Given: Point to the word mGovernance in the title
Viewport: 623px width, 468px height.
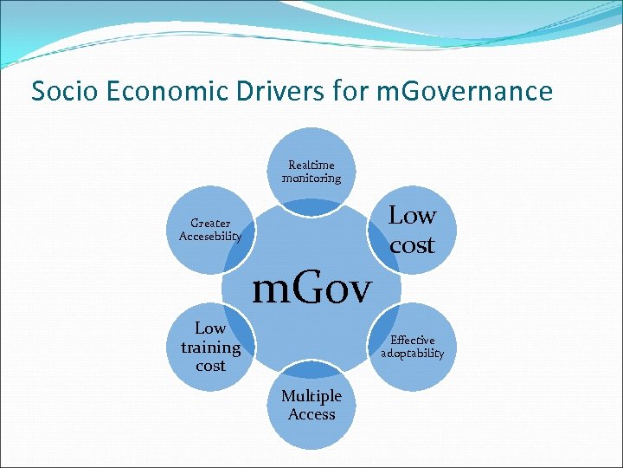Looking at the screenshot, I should pos(465,91).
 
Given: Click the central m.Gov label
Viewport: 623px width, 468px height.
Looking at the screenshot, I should pos(311,288).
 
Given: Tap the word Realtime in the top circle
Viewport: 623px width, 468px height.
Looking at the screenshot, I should pos(311,165).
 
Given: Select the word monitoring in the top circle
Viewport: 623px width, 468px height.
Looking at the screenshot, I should pos(311,179).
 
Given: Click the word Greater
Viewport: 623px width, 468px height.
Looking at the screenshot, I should pos(210,224).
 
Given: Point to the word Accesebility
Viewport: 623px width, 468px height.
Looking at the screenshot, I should pos(210,237).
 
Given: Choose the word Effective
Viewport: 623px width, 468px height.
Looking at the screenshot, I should pos(413,341).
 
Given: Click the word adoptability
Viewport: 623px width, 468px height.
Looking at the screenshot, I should pos(413,354).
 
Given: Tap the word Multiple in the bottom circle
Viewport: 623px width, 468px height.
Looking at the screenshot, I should pos(311,396).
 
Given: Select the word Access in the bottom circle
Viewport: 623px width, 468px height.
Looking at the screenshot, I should pos(311,414).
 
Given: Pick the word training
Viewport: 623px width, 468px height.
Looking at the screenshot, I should pos(210,348).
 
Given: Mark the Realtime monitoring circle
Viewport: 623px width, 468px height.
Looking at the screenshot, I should pos(311,156).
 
